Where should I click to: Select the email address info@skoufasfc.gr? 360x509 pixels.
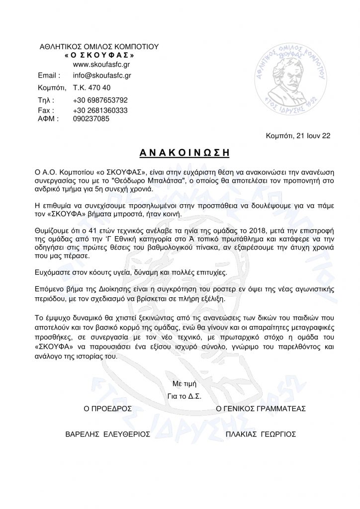tap(102, 76)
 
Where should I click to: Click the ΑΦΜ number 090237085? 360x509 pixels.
tap(92, 119)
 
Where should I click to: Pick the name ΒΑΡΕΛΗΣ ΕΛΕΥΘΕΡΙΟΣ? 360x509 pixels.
tap(108, 434)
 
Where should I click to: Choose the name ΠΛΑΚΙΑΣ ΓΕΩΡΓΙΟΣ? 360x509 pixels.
tap(261, 434)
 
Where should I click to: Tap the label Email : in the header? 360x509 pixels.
tap(49, 76)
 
